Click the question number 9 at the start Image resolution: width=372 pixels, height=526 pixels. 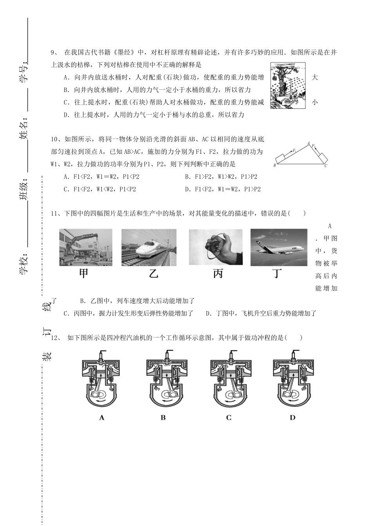pyautogui.click(x=54, y=52)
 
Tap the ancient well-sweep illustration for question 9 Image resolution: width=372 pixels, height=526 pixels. pyautogui.click(x=288, y=86)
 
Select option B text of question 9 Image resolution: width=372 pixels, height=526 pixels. pyautogui.click(x=157, y=90)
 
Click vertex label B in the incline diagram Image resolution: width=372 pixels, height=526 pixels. pyautogui.click(x=275, y=166)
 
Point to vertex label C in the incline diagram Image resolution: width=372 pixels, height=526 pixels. pyautogui.click(x=326, y=166)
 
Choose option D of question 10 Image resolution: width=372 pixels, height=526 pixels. pyautogui.click(x=223, y=189)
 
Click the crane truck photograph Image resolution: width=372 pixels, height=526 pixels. pyautogui.click(x=86, y=247)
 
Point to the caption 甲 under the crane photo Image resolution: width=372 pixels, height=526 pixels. pyautogui.click(x=84, y=274)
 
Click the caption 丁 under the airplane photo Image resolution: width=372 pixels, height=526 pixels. pyautogui.click(x=277, y=274)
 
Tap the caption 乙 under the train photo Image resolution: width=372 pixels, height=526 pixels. pyautogui.click(x=153, y=274)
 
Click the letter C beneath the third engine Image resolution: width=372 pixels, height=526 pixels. pyautogui.click(x=229, y=418)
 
